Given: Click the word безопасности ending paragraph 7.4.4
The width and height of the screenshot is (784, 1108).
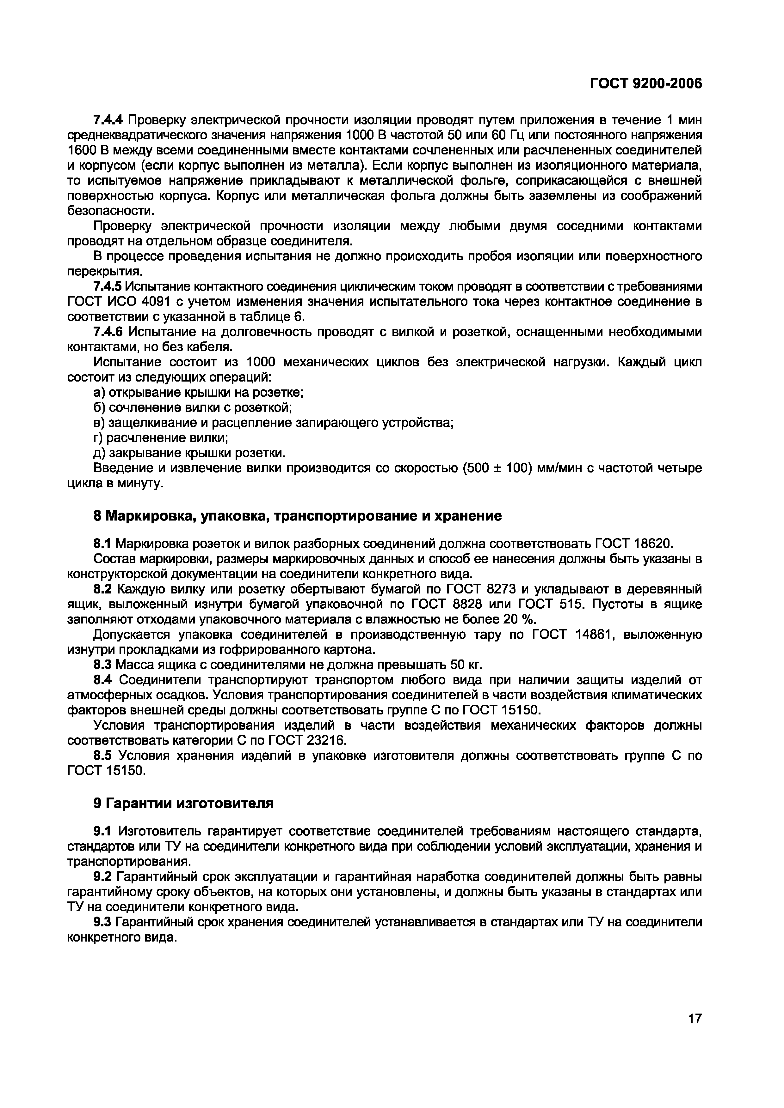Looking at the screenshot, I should (111, 211).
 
